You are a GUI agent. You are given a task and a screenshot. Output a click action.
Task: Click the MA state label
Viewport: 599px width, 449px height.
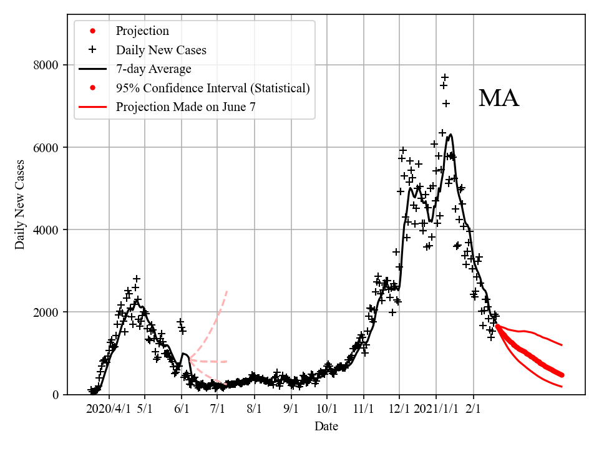(499, 99)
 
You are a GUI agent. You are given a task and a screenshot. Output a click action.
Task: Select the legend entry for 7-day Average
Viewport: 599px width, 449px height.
(153, 69)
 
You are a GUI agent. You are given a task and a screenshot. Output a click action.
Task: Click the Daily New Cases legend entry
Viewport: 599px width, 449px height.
(161, 50)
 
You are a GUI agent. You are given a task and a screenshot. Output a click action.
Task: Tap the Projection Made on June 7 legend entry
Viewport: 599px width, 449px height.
(185, 107)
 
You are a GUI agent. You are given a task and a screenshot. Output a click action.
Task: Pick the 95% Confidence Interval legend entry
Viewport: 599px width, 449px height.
(213, 88)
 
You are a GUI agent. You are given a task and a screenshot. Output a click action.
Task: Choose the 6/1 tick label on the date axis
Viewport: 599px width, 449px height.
(182, 409)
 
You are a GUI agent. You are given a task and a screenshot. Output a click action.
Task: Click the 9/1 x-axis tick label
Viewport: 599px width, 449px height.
(291, 409)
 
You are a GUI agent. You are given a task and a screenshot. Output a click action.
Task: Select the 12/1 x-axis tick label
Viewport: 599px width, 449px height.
(400, 409)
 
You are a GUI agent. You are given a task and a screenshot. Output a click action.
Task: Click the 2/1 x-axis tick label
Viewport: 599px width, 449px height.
(473, 409)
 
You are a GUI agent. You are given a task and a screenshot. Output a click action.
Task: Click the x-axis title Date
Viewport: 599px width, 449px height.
(326, 427)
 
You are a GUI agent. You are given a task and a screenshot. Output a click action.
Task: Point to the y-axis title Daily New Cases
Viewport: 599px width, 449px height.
(21, 205)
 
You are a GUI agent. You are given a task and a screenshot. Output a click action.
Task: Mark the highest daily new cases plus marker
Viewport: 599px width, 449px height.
(445, 77)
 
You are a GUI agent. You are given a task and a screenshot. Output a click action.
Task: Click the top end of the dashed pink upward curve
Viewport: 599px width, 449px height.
(226, 291)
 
